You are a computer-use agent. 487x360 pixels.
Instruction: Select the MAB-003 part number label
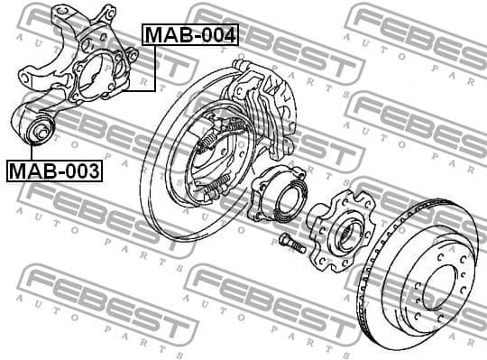(54, 170)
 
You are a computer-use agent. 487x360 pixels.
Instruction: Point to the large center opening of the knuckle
(97, 74)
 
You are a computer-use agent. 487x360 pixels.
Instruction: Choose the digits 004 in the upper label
(218, 35)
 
